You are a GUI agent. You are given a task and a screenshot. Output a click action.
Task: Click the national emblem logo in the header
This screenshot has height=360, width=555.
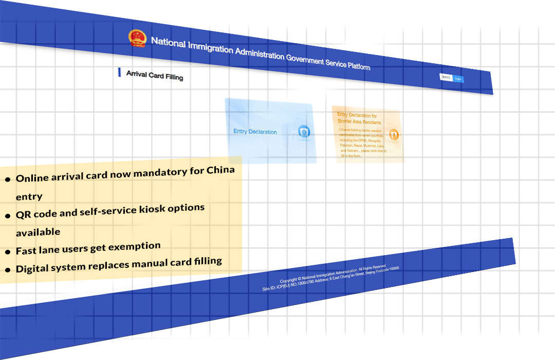(x=137, y=38)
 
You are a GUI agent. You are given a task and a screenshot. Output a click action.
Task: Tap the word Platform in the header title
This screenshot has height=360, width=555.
(x=358, y=66)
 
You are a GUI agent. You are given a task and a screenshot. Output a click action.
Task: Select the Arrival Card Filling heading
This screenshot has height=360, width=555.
(x=155, y=76)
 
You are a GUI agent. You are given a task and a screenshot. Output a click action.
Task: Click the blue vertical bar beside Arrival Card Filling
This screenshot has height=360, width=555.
(x=119, y=73)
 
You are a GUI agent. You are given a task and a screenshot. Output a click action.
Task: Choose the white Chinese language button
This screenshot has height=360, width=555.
(x=447, y=77)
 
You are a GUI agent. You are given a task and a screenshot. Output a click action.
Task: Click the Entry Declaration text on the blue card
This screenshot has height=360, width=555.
(x=255, y=132)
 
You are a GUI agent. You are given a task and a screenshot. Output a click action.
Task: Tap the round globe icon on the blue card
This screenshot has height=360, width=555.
(x=304, y=133)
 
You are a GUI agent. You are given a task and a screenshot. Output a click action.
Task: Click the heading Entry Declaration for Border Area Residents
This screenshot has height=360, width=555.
(x=360, y=119)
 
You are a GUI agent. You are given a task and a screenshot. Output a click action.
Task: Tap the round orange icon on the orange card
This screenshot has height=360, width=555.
(x=394, y=135)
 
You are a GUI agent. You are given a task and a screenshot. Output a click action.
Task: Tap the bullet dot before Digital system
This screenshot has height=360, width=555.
(x=8, y=270)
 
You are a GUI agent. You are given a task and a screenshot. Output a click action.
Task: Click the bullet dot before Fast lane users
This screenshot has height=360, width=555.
(x=8, y=253)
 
